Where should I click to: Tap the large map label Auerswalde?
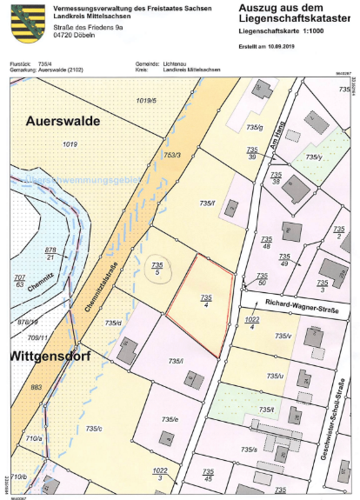(63, 120)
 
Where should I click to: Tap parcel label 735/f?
(206, 203)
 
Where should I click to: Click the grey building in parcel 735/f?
(232, 209)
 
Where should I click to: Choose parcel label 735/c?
(95, 429)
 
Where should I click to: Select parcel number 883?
(36, 387)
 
